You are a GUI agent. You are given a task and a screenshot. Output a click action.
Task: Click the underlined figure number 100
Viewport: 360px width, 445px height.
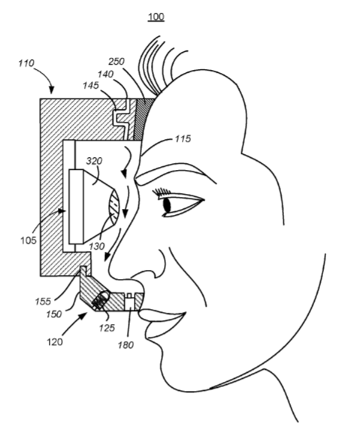click(156, 17)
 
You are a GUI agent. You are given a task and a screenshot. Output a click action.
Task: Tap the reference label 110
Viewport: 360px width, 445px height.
click(26, 63)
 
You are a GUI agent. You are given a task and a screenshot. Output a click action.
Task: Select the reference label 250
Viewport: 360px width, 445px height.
click(116, 62)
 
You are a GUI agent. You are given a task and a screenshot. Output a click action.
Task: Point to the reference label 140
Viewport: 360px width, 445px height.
click(105, 74)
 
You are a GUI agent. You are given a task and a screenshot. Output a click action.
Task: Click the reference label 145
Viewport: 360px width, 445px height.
click(91, 85)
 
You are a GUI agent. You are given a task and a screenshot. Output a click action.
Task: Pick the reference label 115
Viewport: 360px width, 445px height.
click(183, 139)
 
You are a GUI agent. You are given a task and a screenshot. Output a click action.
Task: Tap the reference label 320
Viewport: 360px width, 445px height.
click(94, 161)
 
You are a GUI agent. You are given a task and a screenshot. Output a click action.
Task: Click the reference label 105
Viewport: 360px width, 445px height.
click(29, 241)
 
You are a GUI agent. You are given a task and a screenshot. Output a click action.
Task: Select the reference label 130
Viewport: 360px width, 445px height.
click(97, 246)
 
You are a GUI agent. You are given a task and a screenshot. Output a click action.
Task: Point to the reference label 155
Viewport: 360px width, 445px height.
click(43, 301)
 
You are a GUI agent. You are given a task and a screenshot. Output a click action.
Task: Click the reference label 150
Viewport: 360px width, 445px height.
click(53, 314)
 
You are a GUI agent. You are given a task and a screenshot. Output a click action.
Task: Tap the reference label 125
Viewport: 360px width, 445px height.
click(107, 328)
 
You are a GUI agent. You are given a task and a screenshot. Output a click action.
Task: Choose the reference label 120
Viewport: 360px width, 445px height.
click(54, 342)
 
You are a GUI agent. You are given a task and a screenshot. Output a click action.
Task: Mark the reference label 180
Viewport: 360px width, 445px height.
click(126, 345)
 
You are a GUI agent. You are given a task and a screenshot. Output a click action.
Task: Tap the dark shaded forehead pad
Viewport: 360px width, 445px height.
click(143, 120)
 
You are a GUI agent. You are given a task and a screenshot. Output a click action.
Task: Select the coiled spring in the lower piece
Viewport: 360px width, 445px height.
click(101, 300)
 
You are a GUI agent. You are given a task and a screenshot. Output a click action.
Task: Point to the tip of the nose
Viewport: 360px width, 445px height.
click(110, 269)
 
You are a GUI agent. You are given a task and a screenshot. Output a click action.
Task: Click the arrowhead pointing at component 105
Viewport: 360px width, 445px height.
click(63, 211)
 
